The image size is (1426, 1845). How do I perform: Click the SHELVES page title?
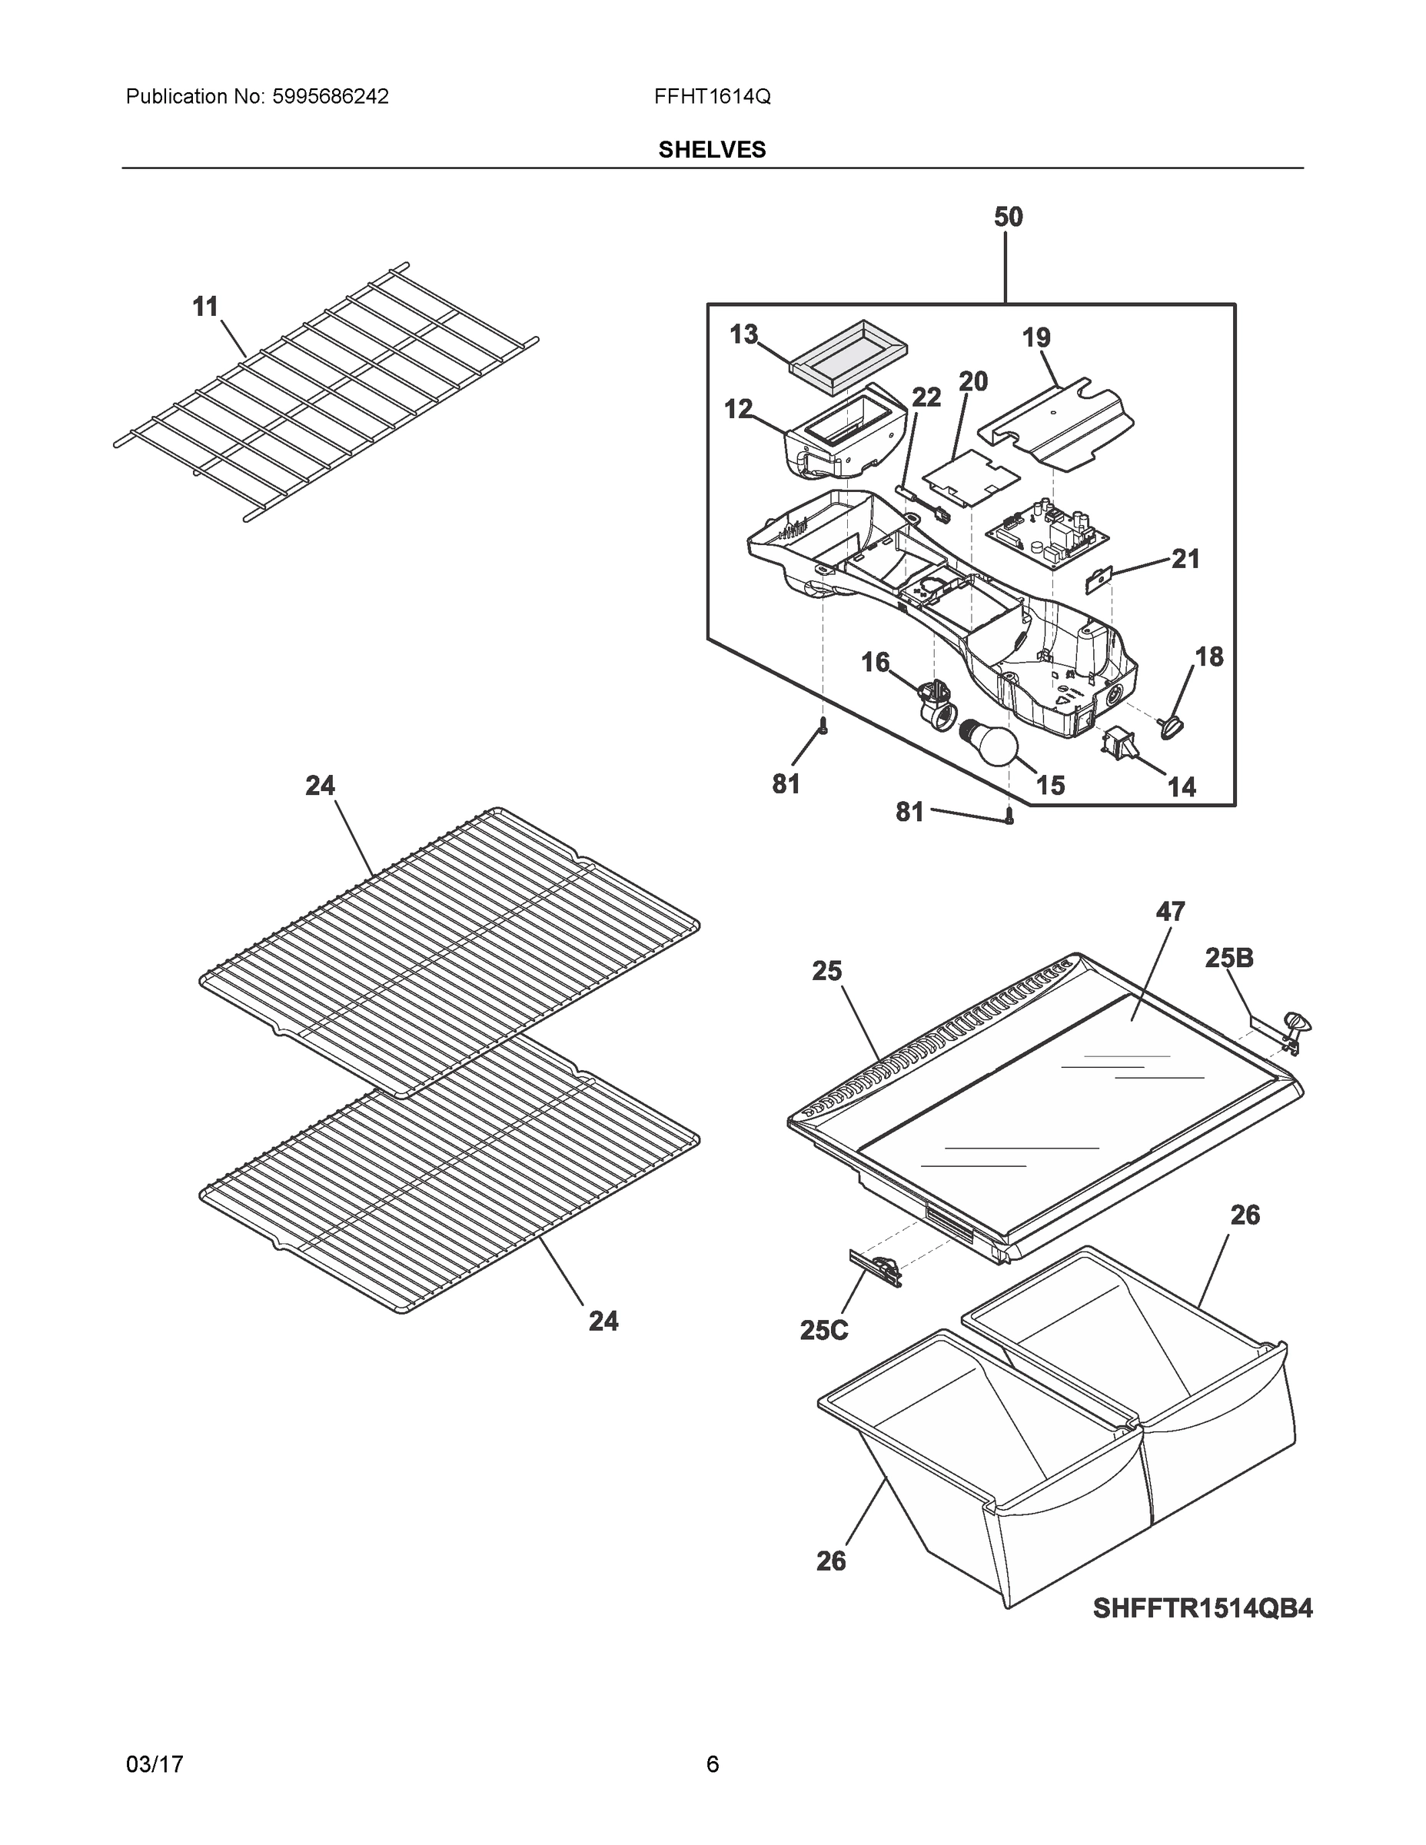pyautogui.click(x=712, y=150)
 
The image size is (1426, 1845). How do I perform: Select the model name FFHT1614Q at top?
pyautogui.click(x=711, y=96)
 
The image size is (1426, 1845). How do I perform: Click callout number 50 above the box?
pyautogui.click(x=1007, y=217)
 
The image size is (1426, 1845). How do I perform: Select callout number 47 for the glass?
pyautogui.click(x=1169, y=912)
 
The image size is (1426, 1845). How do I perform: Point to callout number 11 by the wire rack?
pyautogui.click(x=205, y=307)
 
